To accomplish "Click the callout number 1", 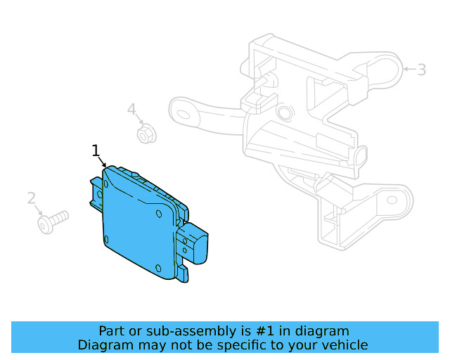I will (96, 150).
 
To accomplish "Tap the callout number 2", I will (32, 198).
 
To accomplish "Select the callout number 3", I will (422, 70).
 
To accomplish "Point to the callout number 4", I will (131, 109).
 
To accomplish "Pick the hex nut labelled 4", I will (146, 132).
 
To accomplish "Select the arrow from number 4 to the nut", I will (138, 120).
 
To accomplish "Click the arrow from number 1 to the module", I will (103, 161).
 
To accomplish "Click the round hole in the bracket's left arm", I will (186, 111).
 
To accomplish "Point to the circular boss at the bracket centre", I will (284, 113).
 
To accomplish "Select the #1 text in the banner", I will (259, 330).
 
